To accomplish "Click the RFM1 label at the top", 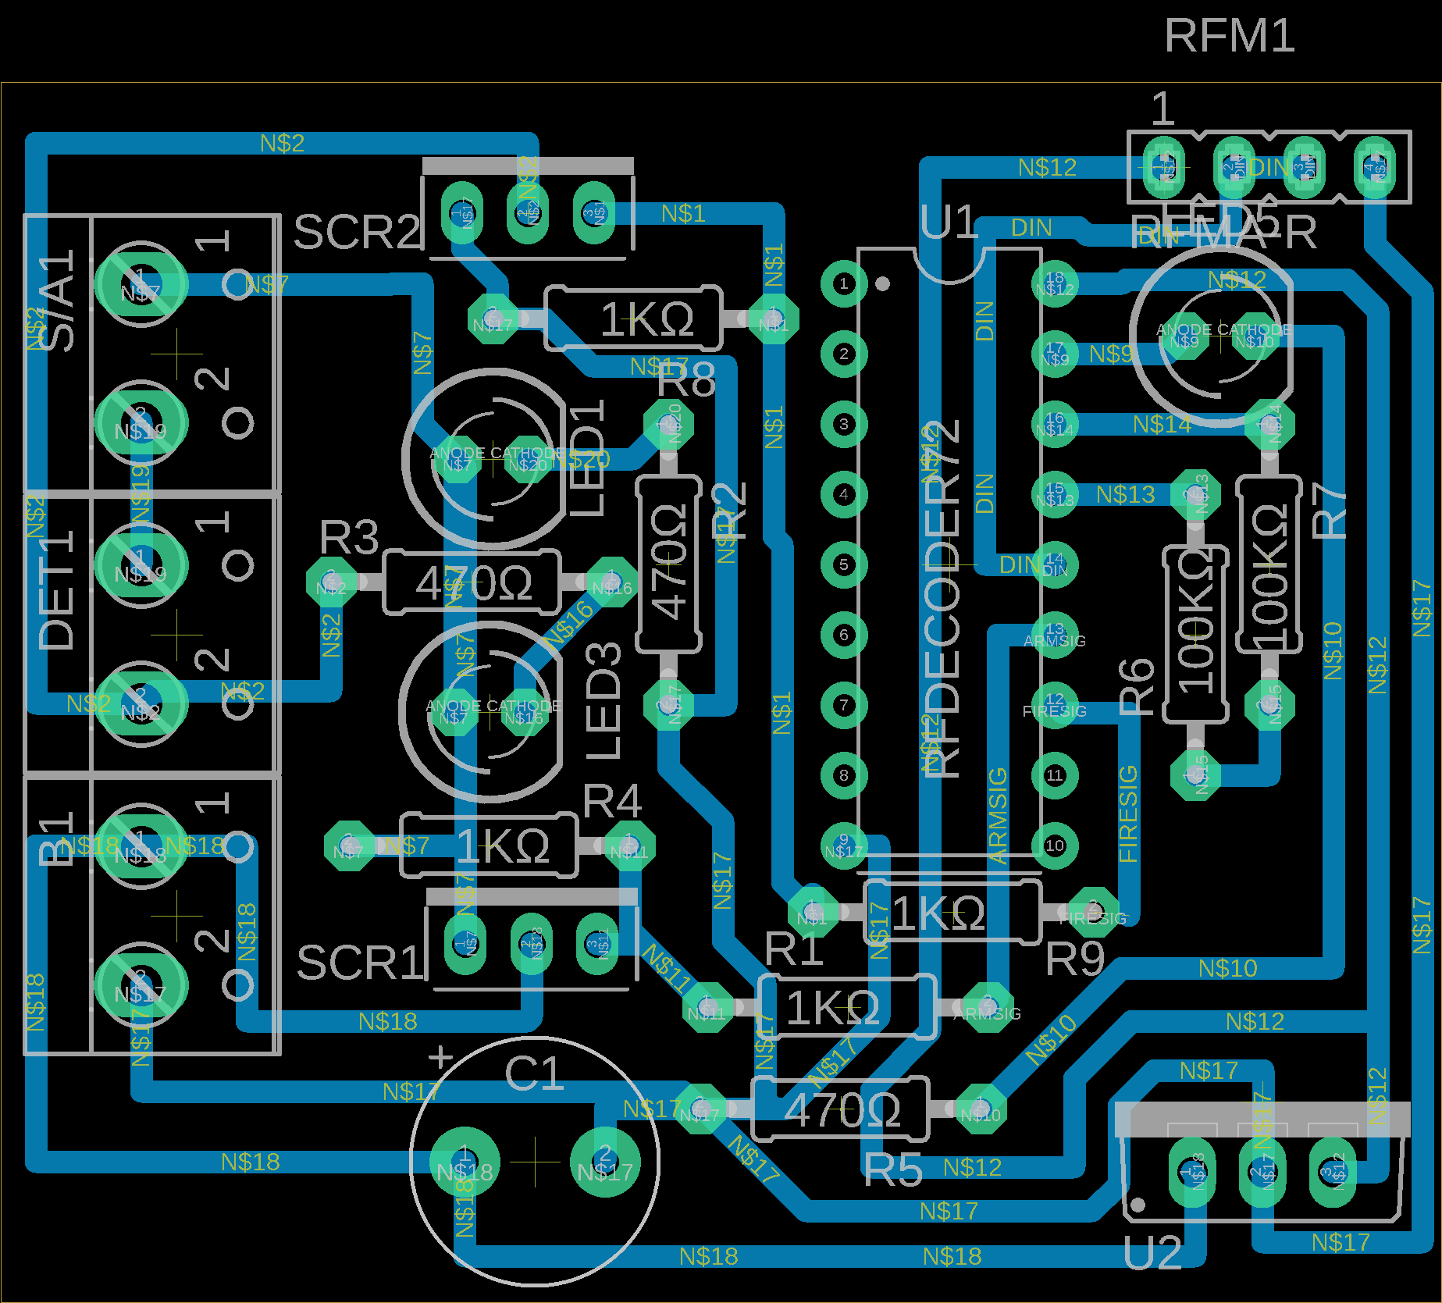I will tap(1229, 37).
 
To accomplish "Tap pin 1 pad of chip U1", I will tap(843, 283).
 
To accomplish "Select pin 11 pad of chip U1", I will tap(1055, 775).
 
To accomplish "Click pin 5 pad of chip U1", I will tap(843, 564).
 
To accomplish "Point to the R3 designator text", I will tap(349, 537).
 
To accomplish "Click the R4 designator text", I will tap(612, 802).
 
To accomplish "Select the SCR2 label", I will tap(357, 232).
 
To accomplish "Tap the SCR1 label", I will tap(360, 962).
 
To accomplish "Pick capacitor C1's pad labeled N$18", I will tap(464, 1162).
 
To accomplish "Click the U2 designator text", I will tap(1152, 1255).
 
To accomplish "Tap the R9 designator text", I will tap(1074, 959).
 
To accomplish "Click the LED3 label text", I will tap(604, 701).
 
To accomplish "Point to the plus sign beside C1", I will tap(441, 1057).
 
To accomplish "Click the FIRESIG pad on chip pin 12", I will tap(1055, 705).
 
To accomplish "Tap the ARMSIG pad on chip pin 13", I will tap(1055, 634).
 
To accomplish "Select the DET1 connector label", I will tap(56, 589).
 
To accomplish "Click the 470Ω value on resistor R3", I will tap(473, 583).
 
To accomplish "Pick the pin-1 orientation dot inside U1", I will tap(882, 283).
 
